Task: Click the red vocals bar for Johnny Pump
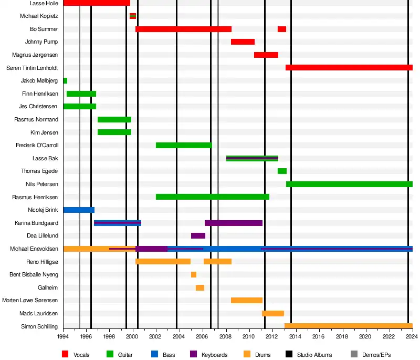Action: tap(243, 42)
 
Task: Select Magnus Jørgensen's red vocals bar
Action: tap(266, 55)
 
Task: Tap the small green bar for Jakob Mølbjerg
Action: tap(65, 80)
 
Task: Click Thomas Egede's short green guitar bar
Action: tap(282, 171)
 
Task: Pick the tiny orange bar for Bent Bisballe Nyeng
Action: tap(194, 274)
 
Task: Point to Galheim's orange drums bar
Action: tap(200, 287)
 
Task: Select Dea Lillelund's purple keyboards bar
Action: tap(198, 236)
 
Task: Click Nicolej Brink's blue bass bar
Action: tap(79, 210)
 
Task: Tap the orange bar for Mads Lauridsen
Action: tap(273, 313)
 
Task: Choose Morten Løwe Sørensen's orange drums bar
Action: tap(247, 300)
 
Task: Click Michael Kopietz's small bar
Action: tap(133, 16)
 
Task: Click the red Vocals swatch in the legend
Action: tap(66, 354)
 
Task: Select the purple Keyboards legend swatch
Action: tap(193, 354)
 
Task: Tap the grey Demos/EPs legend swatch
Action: tap(354, 354)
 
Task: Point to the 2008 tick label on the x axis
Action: tap(226, 337)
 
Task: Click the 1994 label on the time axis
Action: tap(63, 337)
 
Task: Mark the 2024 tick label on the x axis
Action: tap(412, 337)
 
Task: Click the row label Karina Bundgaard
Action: tap(37, 223)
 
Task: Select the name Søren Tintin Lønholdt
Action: tap(32, 68)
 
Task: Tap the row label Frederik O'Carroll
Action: tap(37, 145)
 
